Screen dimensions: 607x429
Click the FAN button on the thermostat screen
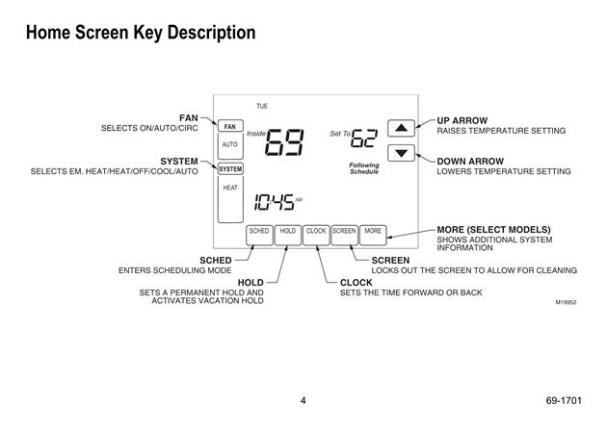230,126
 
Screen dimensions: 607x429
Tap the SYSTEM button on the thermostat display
230,169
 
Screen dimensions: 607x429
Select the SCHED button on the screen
259,235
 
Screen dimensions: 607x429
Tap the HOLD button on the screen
288,235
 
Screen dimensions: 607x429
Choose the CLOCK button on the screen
316,235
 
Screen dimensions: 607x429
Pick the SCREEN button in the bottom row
345,235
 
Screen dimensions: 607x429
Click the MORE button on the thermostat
373,235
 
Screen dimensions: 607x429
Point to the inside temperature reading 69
285,142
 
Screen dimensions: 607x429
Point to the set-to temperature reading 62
363,138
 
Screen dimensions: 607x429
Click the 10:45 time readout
274,203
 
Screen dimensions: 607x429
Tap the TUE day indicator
262,106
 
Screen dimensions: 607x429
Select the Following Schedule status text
364,168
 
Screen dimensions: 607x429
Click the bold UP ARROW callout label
462,120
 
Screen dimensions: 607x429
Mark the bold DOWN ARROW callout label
470,162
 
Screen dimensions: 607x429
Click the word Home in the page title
48,33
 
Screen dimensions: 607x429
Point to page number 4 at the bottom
303,400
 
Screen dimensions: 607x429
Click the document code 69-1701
564,400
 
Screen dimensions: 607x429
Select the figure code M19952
566,302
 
